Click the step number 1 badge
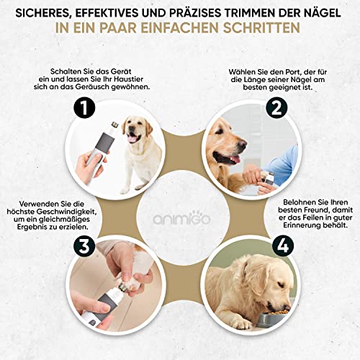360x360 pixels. pyautogui.click(x=84, y=108)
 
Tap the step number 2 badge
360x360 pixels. pyautogui.click(x=276, y=108)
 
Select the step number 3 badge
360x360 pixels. pyautogui.click(x=84, y=246)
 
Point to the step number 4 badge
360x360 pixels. pyautogui.click(x=283, y=246)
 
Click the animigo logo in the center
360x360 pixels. pyautogui.click(x=181, y=218)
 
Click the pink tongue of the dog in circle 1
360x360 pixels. pyautogui.click(x=132, y=139)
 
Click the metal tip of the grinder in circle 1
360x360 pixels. pyautogui.click(x=115, y=125)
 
